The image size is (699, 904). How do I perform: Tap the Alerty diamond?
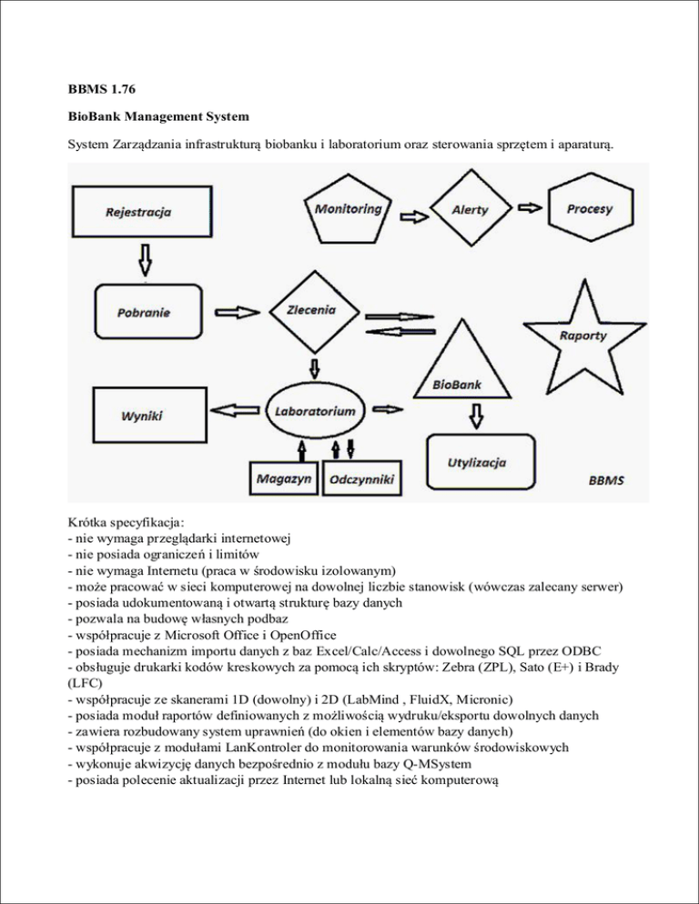(469, 209)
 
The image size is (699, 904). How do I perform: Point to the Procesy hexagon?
(588, 209)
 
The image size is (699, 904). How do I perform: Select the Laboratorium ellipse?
(315, 411)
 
